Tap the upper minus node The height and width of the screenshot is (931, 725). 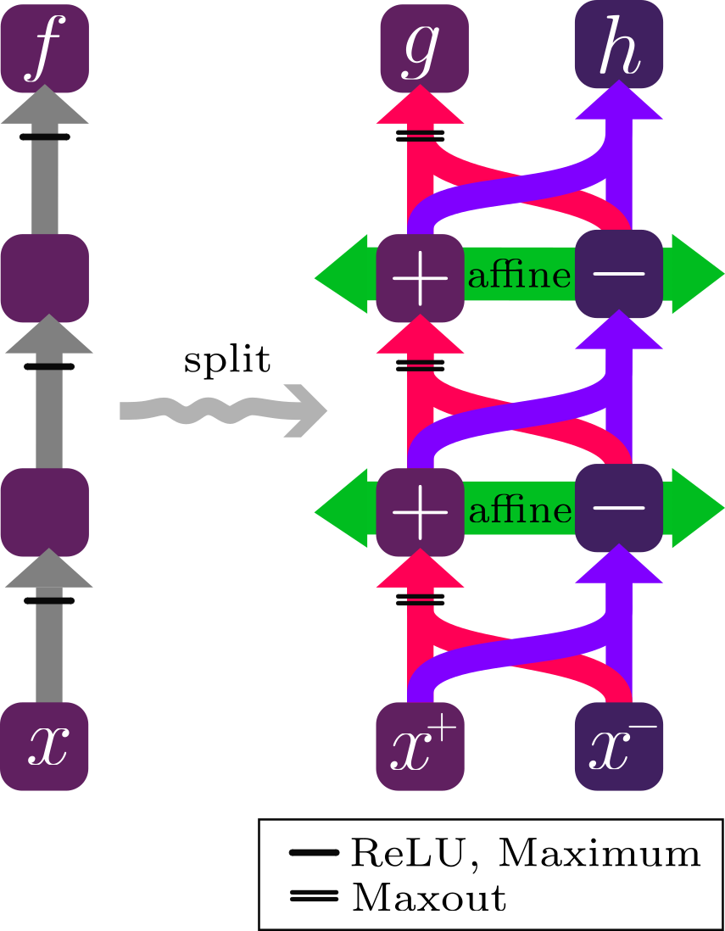(618, 274)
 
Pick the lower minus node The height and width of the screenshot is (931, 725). (618, 507)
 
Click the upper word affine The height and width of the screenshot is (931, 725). (519, 276)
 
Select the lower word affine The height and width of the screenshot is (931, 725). (519, 510)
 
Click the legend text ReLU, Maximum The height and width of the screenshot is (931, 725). (525, 854)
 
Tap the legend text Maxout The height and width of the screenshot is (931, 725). (428, 897)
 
